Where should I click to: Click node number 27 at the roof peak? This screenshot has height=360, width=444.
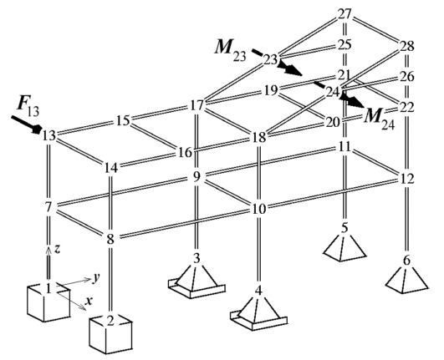click(344, 14)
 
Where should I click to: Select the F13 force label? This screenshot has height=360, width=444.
click(28, 104)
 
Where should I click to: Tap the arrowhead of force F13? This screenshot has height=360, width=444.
click(38, 129)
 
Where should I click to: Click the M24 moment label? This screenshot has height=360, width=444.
click(380, 118)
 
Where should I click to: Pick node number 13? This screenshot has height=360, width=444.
click(48, 136)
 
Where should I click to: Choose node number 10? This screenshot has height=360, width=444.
click(259, 209)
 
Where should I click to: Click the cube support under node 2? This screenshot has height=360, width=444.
click(110, 334)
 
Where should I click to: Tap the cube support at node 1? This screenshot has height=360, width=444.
click(48, 303)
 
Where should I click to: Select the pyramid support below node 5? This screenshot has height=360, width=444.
click(344, 247)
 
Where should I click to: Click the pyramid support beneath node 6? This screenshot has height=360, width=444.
click(407, 280)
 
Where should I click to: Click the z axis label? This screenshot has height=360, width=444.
click(57, 249)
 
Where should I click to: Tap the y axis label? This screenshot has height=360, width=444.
click(96, 278)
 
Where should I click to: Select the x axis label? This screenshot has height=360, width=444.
click(89, 302)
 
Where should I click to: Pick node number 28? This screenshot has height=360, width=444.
click(407, 46)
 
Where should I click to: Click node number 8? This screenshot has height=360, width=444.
click(110, 240)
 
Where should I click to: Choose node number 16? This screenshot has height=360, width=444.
click(186, 152)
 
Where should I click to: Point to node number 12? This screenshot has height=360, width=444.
click(407, 179)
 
